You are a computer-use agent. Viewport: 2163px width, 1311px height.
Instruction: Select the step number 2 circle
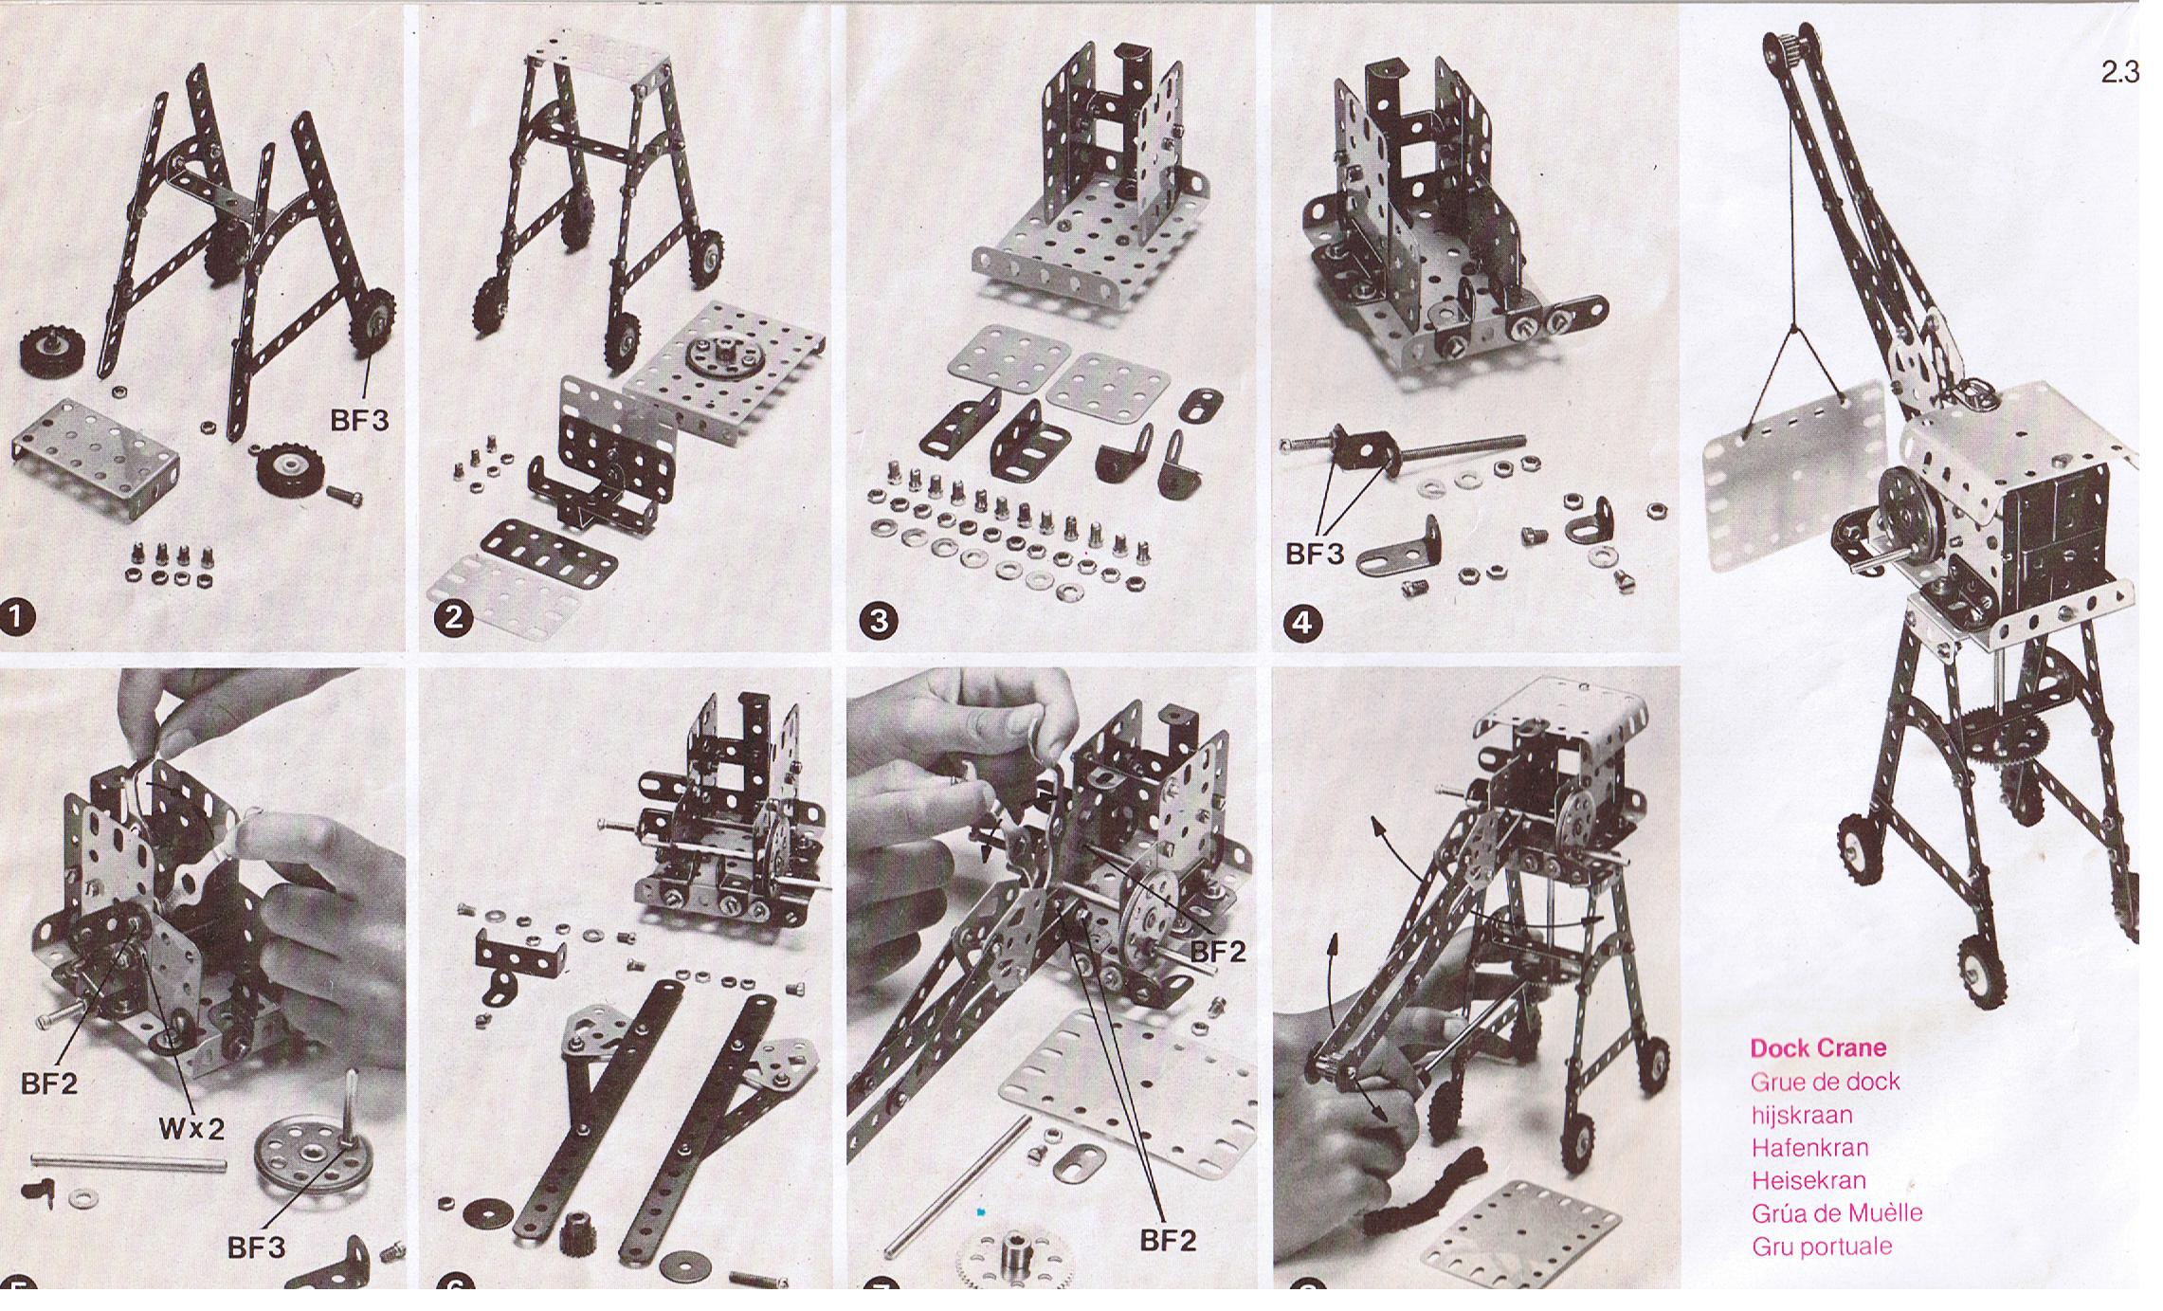pos(455,618)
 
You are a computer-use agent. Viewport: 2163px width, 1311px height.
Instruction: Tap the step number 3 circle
pos(878,621)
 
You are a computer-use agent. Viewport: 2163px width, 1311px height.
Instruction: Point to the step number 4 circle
pos(1302,623)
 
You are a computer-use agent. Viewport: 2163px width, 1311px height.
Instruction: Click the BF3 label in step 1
pos(359,421)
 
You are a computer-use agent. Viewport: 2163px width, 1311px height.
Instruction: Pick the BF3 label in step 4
pos(1315,555)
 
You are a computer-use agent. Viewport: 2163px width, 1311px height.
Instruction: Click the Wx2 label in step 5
pos(191,1129)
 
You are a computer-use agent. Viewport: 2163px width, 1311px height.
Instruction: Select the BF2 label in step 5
pos(49,1083)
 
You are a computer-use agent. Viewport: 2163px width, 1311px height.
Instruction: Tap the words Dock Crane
pos(1818,1048)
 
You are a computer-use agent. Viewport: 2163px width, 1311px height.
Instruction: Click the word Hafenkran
pos(1810,1148)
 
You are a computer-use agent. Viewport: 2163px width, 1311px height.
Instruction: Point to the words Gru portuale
pos(1822,1247)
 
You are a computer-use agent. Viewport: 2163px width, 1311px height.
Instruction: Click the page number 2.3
pos(2119,74)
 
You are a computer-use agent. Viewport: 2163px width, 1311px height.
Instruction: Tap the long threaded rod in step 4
pos(1403,445)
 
